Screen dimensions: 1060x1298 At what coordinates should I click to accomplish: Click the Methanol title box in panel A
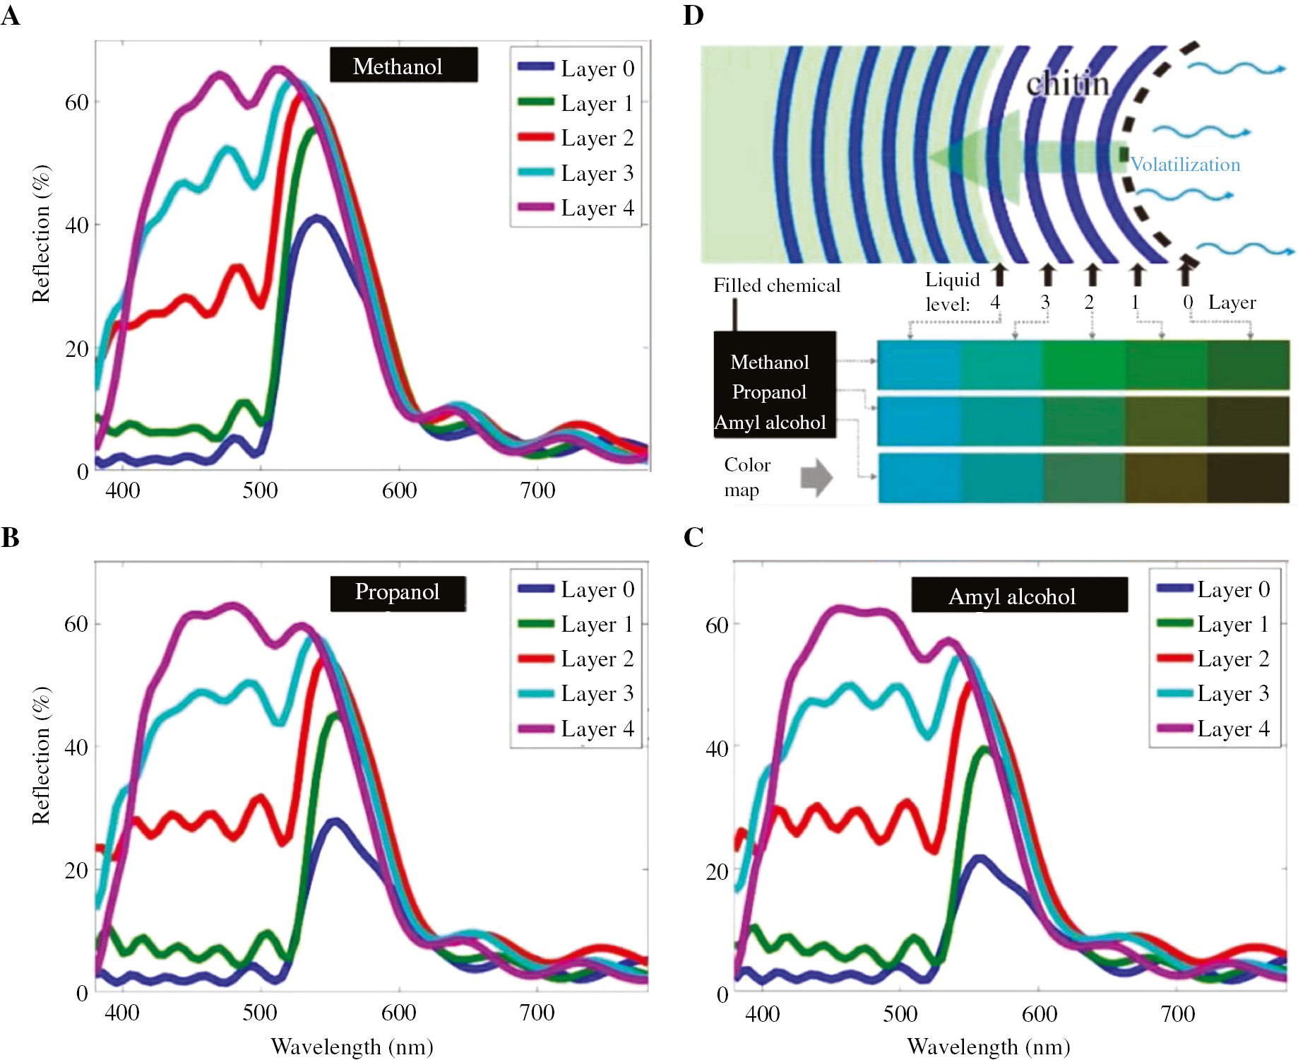[403, 66]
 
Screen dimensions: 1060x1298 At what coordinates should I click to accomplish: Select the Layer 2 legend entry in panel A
[576, 138]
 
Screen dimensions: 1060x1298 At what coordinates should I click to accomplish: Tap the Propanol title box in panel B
[398, 592]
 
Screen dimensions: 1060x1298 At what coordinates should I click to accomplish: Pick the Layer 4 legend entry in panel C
[1213, 729]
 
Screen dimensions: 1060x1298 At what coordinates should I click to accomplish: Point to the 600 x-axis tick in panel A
[399, 490]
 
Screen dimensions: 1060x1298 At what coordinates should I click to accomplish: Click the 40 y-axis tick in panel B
[76, 747]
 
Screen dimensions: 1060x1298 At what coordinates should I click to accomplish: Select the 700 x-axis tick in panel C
[1177, 1014]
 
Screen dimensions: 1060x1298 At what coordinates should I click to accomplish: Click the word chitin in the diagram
[1067, 85]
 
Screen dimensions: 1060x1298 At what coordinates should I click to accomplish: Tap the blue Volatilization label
[1185, 165]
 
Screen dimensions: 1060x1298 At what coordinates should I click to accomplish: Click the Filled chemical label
[776, 285]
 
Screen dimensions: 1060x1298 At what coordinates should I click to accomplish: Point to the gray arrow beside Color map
[816, 478]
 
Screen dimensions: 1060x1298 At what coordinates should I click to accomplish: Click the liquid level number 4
[994, 303]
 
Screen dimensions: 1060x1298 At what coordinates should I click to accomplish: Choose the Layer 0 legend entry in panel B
[576, 589]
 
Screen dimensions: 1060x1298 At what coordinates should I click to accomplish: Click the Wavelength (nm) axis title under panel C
[988, 1047]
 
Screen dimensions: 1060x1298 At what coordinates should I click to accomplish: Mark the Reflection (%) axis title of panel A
[41, 234]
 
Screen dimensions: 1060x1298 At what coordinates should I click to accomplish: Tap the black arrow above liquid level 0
[1186, 273]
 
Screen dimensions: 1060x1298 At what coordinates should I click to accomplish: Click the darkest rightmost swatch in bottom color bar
[1248, 478]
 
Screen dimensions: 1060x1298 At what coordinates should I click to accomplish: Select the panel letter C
[693, 537]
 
